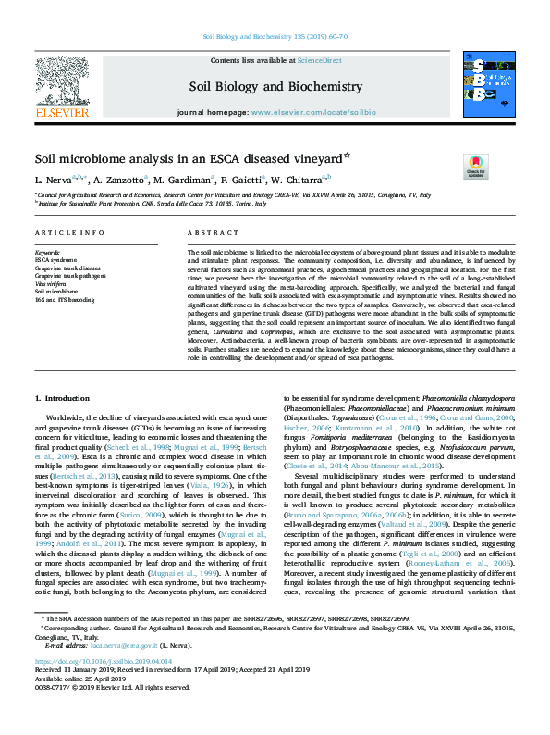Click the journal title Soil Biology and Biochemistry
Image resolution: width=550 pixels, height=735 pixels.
[275, 87]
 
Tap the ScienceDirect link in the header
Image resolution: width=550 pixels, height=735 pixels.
[319, 60]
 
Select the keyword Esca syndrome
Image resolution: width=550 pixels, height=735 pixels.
[55, 259]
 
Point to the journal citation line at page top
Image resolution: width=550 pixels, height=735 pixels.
[275, 38]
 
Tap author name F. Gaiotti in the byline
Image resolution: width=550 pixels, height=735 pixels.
[239, 179]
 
